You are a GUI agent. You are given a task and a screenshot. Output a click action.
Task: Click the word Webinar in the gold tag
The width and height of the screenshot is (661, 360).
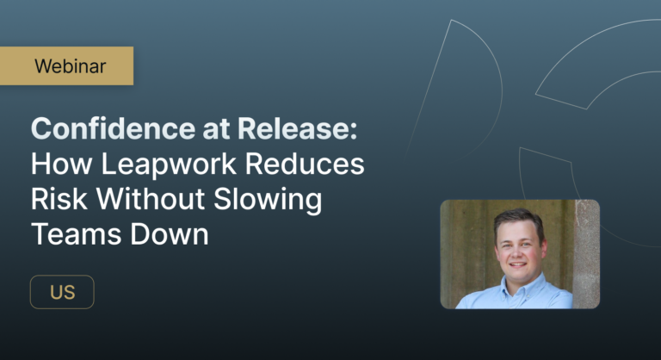coord(71,65)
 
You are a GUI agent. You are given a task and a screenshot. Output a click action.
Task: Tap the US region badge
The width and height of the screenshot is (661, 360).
coord(62,292)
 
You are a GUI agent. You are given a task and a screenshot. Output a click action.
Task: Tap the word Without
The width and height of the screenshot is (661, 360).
coord(154,200)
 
